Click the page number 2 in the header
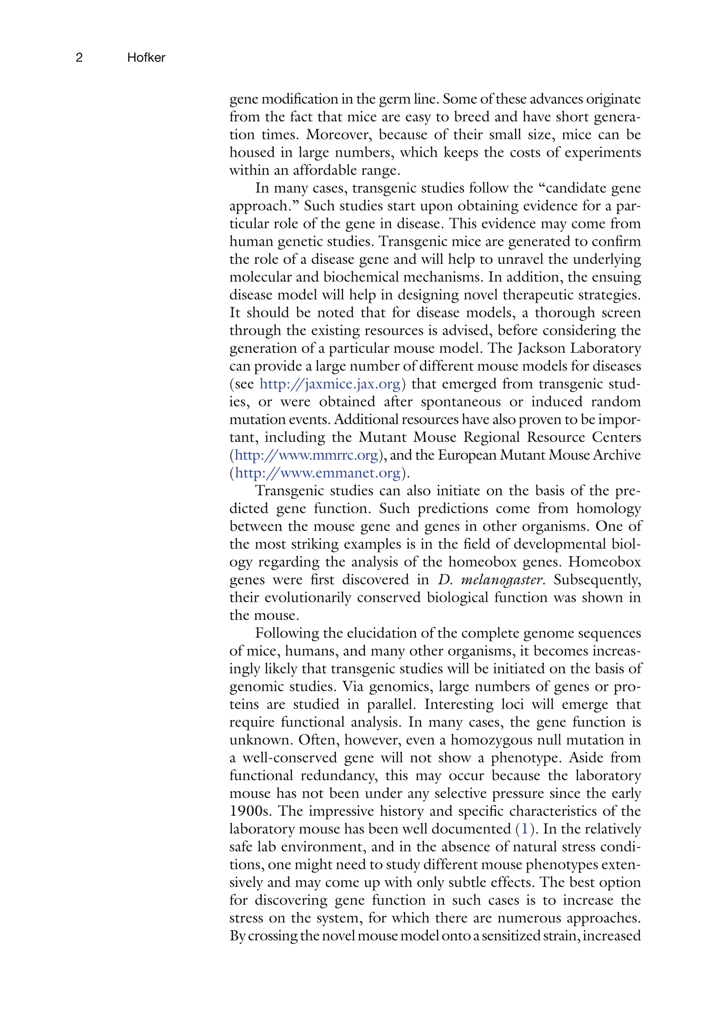(x=79, y=58)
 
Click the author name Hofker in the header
(x=146, y=58)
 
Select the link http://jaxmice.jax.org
(x=330, y=384)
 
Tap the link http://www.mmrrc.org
(x=306, y=455)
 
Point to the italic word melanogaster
(x=502, y=580)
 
